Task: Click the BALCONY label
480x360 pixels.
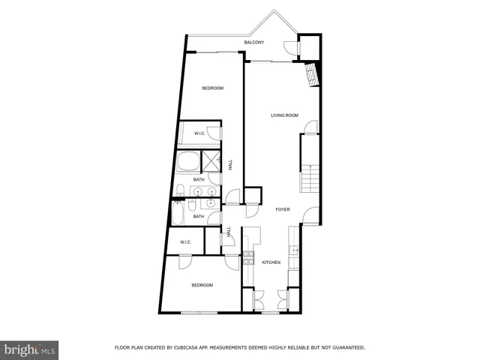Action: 254,43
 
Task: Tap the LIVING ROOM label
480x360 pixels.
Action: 285,115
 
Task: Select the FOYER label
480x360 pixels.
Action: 283,210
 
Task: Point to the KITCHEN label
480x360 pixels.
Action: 271,262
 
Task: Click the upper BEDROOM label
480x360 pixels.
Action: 213,88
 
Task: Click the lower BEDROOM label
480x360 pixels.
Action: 202,285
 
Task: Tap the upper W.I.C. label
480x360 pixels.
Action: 200,133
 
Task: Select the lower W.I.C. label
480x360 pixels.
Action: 185,242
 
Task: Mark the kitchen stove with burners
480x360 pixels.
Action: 248,261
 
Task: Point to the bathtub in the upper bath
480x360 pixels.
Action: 187,161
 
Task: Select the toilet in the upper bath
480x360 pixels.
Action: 181,189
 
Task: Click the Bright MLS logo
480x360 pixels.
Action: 30,349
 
